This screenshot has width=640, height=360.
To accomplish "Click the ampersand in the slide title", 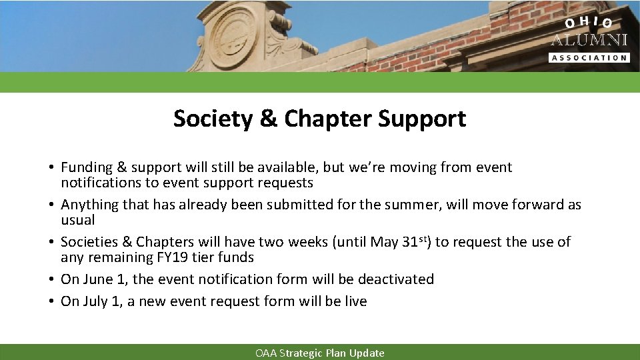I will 267,119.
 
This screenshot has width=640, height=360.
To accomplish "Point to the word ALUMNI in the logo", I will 589,40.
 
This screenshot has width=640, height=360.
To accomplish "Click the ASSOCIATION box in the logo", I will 589,57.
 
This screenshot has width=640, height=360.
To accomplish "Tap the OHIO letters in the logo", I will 589,23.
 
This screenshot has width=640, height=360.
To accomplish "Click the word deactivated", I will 393,279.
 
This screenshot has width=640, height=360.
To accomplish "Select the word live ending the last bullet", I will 355,301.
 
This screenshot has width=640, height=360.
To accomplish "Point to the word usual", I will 78,220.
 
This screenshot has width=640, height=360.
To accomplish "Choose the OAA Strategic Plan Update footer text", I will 320,353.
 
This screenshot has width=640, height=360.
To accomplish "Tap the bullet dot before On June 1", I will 51,279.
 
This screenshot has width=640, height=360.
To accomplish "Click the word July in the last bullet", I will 97,301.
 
